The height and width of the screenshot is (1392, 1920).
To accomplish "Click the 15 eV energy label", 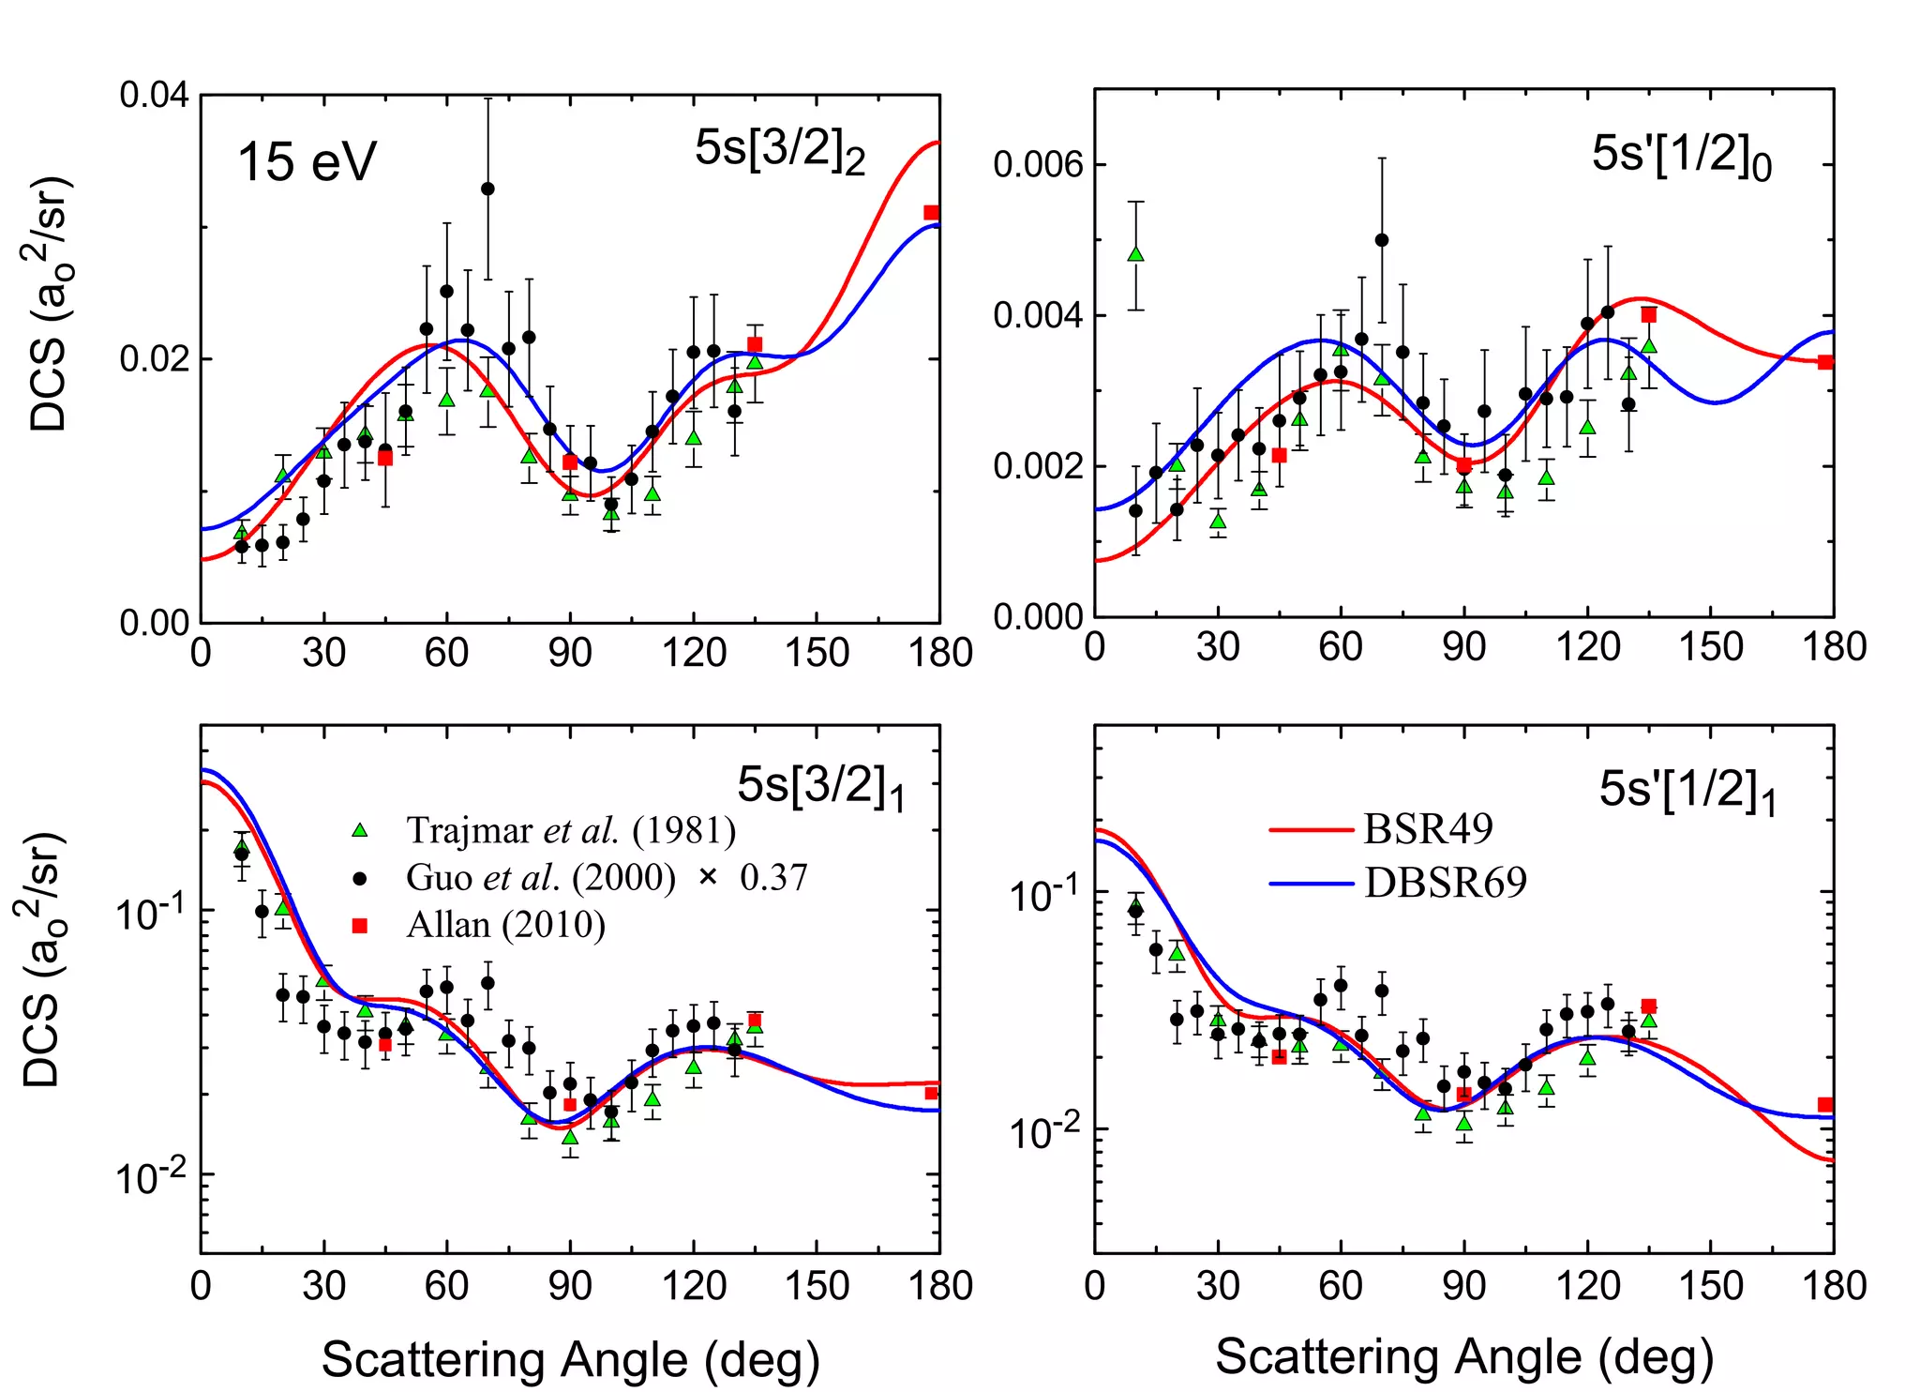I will point(307,162).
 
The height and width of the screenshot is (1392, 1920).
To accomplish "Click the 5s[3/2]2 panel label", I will point(779,151).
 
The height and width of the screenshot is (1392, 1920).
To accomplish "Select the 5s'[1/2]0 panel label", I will point(1681,156).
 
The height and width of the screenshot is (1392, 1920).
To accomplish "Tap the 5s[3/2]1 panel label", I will point(820,787).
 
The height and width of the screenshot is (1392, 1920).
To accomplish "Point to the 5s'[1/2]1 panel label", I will point(1687,791).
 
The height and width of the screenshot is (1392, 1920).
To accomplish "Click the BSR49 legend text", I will point(1428,829).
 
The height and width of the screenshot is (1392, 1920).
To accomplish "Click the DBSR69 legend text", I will point(1445,883).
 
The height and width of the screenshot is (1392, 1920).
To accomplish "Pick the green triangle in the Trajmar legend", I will point(359,830).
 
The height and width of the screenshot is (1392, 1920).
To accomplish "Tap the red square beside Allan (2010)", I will point(359,926).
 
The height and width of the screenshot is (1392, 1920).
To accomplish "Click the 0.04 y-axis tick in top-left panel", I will point(154,95).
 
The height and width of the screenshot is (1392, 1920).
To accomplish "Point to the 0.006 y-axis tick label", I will point(1038,165).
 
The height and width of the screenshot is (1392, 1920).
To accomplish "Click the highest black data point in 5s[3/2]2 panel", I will point(487,189).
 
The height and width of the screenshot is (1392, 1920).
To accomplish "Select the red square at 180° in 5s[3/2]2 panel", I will point(930,213).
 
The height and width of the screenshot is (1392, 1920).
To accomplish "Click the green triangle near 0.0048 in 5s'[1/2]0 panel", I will point(1135,254).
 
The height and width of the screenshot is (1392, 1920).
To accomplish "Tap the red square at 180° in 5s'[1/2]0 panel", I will point(1824,362).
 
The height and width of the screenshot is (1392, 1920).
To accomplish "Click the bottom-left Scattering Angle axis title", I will point(570,1359).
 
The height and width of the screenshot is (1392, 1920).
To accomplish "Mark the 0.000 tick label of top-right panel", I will point(1038,617).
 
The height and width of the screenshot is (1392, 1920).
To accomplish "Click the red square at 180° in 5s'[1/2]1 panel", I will point(1824,1105).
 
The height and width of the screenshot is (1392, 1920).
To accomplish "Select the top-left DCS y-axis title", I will point(49,303).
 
